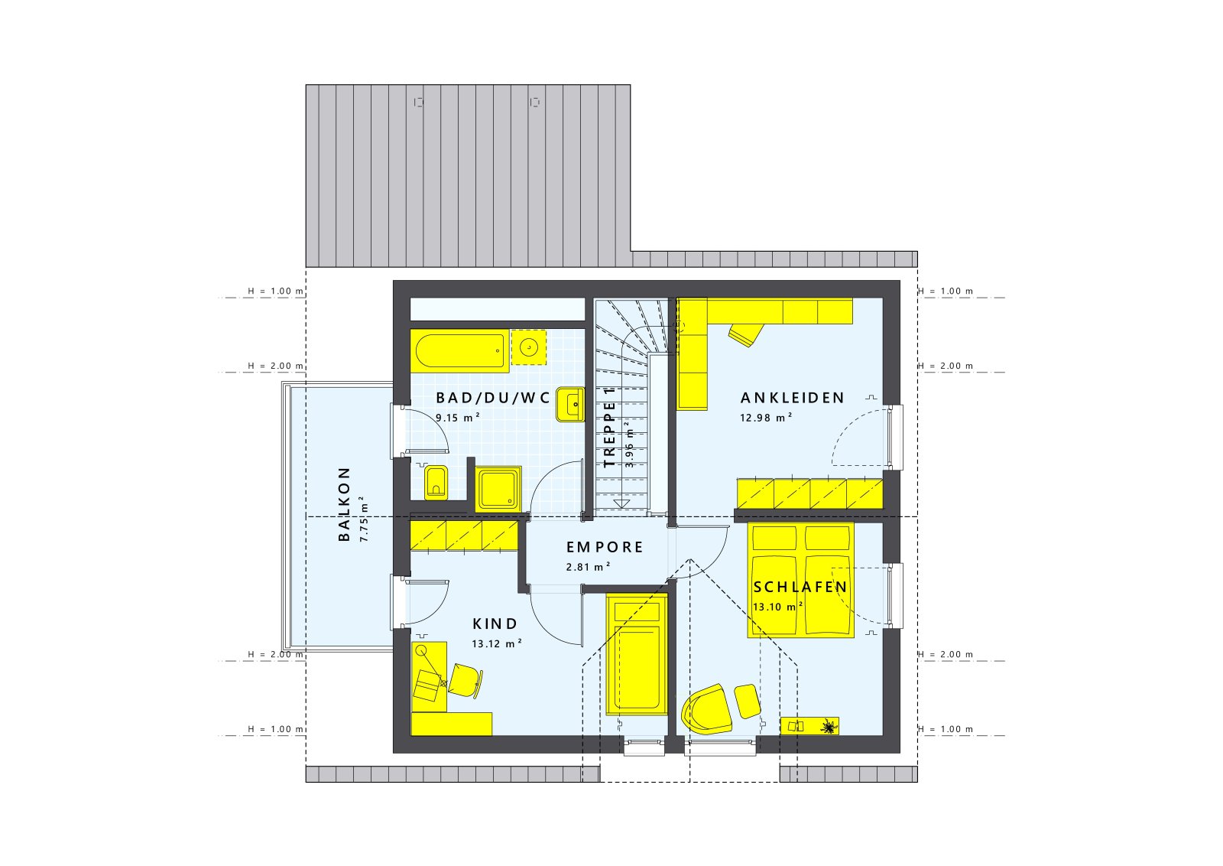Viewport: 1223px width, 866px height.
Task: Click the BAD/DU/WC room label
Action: point(492,398)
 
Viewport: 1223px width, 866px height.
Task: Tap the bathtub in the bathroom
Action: point(459,351)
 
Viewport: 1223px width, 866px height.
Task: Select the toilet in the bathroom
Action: point(436,482)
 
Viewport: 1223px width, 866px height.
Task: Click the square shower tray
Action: point(498,489)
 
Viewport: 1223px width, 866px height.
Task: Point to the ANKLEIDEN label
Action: point(793,398)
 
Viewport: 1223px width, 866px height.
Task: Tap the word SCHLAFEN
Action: point(800,588)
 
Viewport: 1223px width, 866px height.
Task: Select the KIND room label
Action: point(495,624)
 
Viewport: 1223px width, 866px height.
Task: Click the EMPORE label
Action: point(605,548)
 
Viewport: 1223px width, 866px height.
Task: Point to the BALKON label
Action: point(345,504)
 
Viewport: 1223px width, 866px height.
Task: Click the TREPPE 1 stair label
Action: point(609,428)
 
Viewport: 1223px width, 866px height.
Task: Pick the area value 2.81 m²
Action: point(588,568)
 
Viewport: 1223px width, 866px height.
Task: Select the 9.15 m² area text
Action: point(457,418)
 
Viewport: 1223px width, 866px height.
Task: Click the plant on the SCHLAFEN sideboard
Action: point(828,726)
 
